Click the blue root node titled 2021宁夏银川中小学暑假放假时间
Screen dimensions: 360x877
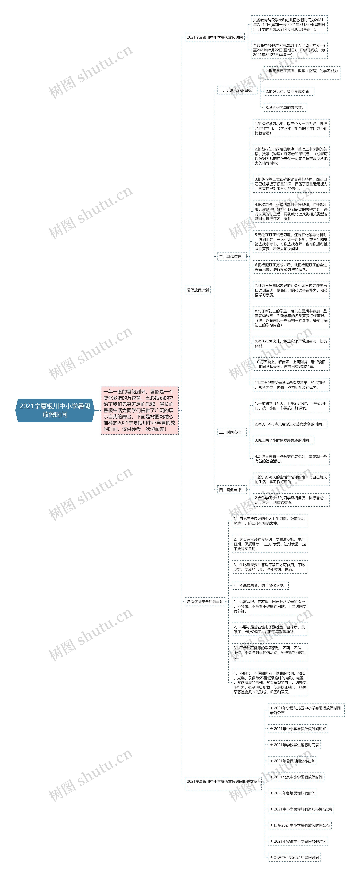[x=55, y=410]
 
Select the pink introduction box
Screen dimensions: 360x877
[x=139, y=410]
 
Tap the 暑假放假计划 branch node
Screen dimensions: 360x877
[x=198, y=290]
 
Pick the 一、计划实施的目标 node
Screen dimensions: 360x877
[x=237, y=90]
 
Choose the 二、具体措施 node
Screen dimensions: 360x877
[x=231, y=256]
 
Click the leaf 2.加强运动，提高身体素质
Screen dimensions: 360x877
[x=289, y=92]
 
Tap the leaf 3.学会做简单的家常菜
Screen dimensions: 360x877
[x=285, y=108]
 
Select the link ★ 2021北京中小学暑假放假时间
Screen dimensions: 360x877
[x=296, y=777]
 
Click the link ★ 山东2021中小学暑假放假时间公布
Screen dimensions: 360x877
[x=299, y=825]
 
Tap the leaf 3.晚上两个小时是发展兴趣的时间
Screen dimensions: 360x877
[x=283, y=440]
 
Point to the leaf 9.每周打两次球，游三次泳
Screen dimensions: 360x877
[x=291, y=343]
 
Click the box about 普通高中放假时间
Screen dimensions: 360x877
[x=289, y=50]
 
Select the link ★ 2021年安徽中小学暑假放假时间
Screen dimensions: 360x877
[x=298, y=841]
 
